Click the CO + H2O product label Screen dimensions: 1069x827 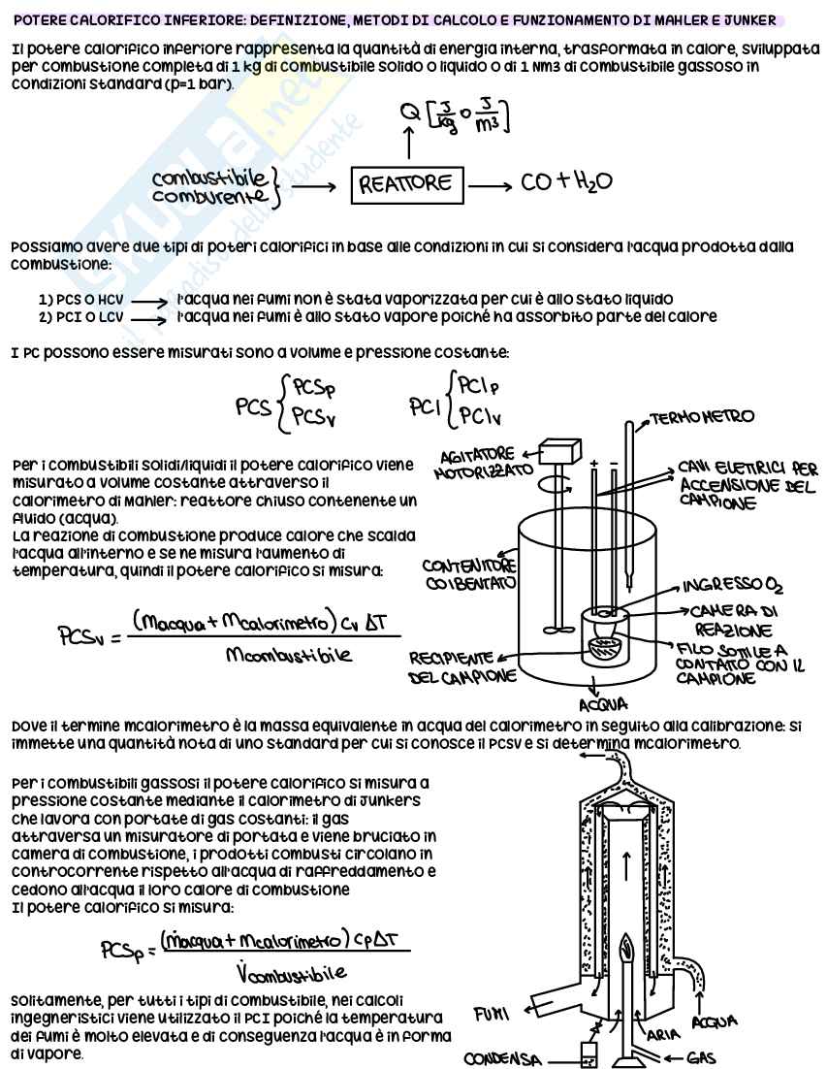(565, 182)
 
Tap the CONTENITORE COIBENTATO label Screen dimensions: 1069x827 (469, 575)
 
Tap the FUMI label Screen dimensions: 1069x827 (493, 1015)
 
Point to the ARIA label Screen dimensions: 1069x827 (663, 1034)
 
